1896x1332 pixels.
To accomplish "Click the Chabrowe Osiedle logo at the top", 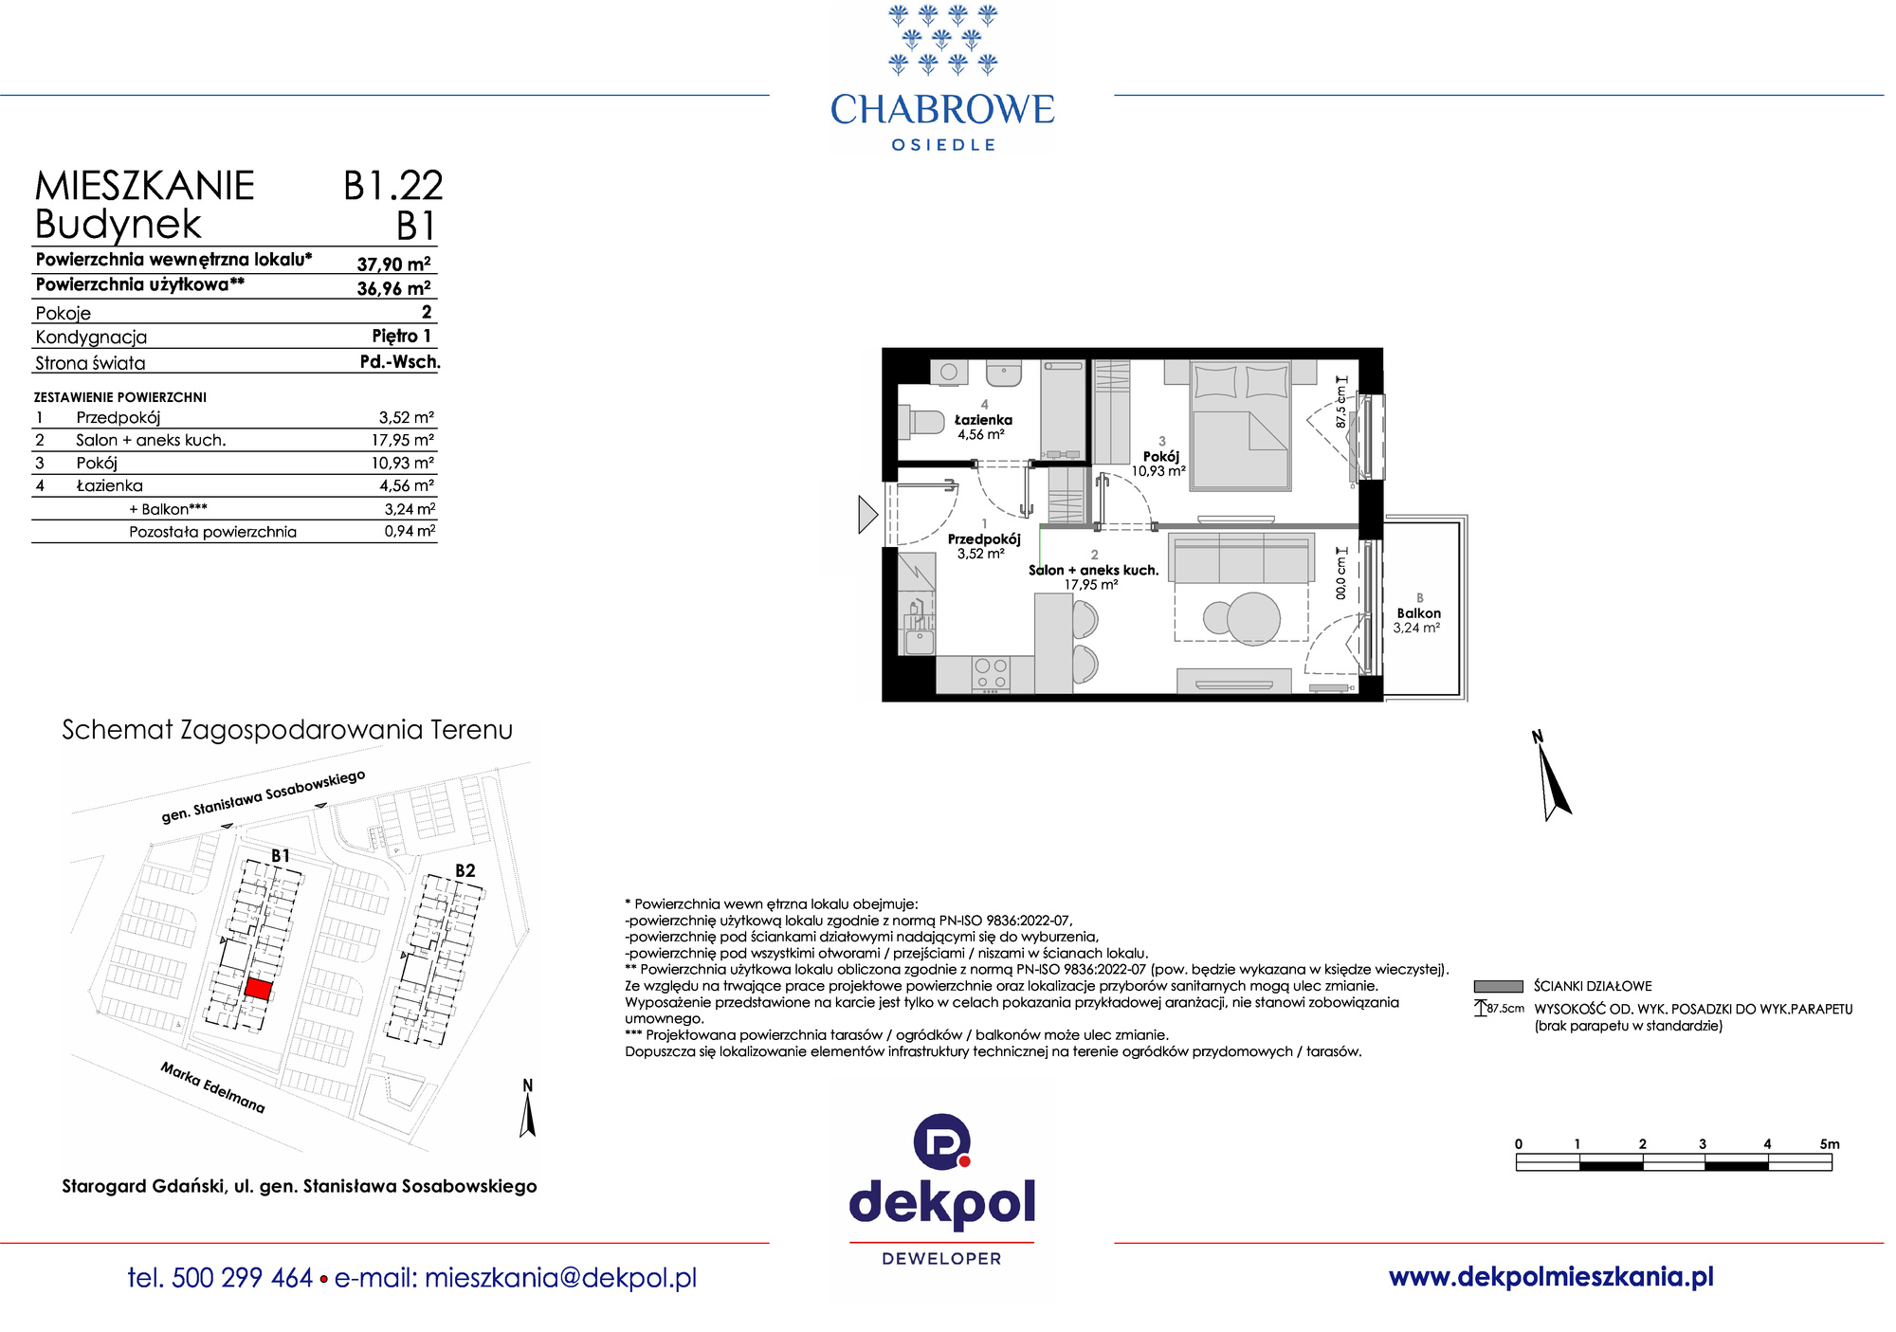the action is point(942,78).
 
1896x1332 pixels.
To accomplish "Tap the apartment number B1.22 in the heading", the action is point(393,186).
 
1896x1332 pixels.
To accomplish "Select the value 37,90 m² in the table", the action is point(393,264).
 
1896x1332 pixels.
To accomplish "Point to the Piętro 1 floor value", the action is point(401,336).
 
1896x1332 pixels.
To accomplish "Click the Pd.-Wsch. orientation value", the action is point(400,361).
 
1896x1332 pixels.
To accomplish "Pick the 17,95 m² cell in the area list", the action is point(402,440).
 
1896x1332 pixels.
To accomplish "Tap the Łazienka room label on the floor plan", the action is point(983,420).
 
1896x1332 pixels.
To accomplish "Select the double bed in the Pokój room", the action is point(1240,425).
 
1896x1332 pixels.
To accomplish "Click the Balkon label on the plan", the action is point(1418,613).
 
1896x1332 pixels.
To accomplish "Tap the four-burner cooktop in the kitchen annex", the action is point(991,674).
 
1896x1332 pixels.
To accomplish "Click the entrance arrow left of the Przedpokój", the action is point(867,515).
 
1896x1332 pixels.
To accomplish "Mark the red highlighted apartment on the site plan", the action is point(258,989).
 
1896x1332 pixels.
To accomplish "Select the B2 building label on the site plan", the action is point(465,870).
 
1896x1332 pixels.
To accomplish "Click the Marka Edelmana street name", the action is point(212,1087).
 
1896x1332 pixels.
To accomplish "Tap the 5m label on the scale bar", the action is point(1829,1144).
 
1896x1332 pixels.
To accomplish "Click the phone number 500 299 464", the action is point(243,1278).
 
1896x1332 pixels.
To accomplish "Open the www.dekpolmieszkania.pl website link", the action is point(1551,1277).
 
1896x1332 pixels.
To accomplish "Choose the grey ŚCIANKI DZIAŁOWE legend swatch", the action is point(1499,986).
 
